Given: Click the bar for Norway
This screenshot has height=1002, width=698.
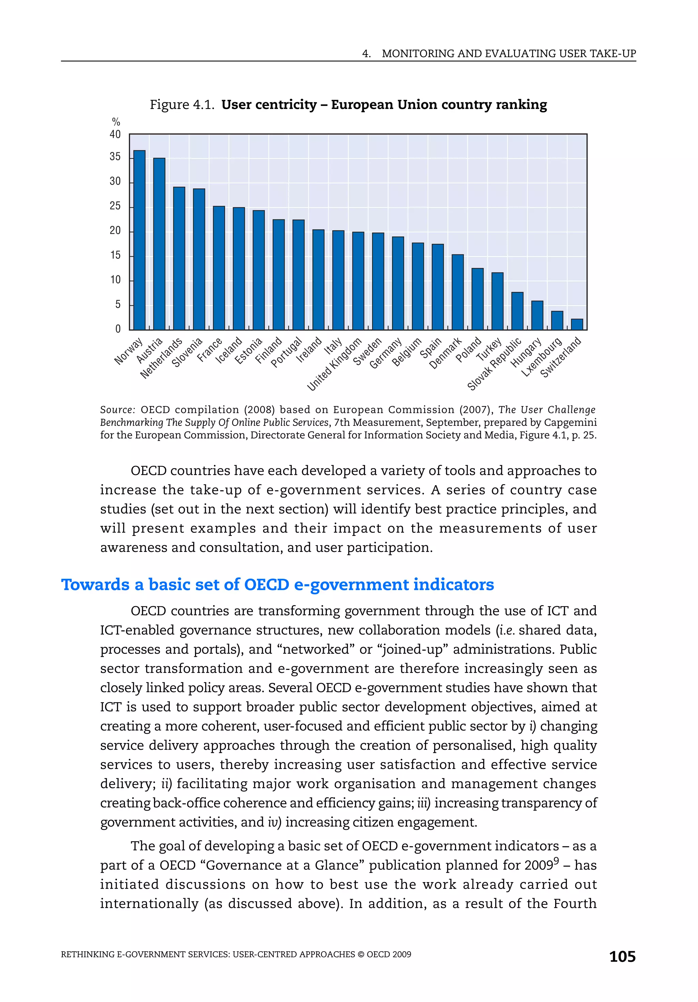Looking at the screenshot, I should tap(139, 240).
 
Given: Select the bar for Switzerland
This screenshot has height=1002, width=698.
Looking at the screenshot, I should tap(577, 324).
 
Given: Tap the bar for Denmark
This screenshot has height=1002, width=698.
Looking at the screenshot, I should tap(457, 292).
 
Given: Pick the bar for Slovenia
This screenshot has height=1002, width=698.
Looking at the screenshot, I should tap(199, 259).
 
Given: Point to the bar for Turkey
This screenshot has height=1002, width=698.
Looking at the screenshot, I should tap(497, 301).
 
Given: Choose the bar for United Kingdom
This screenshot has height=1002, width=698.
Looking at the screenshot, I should tap(358, 281).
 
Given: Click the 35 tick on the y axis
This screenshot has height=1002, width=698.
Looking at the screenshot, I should tap(115, 157).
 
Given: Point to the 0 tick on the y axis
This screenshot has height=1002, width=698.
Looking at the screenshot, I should tap(118, 329).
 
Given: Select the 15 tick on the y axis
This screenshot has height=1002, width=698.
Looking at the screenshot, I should tap(115, 255).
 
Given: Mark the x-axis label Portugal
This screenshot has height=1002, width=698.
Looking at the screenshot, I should tap(287, 352).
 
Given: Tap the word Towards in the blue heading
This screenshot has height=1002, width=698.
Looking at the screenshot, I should tap(95, 584).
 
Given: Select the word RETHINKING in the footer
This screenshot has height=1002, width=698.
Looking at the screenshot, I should tap(87, 954).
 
